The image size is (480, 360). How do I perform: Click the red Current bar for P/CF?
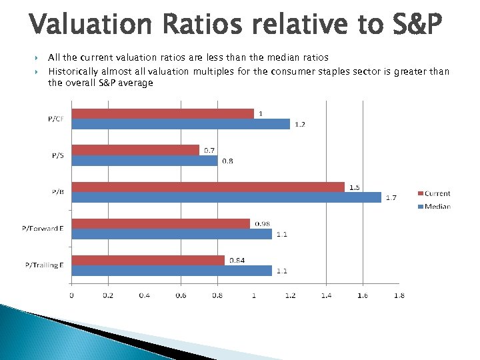[x=163, y=114]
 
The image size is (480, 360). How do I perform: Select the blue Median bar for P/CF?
[x=181, y=124]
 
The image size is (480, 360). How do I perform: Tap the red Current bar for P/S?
[x=135, y=151]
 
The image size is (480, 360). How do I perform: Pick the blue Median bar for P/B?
[x=226, y=197]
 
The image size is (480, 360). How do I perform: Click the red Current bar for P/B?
[x=208, y=187]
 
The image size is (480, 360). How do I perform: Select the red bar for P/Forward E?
[x=161, y=224]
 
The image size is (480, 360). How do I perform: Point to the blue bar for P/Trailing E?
[x=171, y=271]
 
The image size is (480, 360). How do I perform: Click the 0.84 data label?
[x=237, y=260]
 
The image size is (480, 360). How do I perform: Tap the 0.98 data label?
[x=262, y=223]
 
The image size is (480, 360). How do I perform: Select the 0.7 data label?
[x=209, y=150]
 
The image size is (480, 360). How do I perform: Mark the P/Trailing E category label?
[x=44, y=265]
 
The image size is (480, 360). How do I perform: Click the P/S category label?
[x=58, y=155]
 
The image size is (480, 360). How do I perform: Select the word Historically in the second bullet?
[x=73, y=71]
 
